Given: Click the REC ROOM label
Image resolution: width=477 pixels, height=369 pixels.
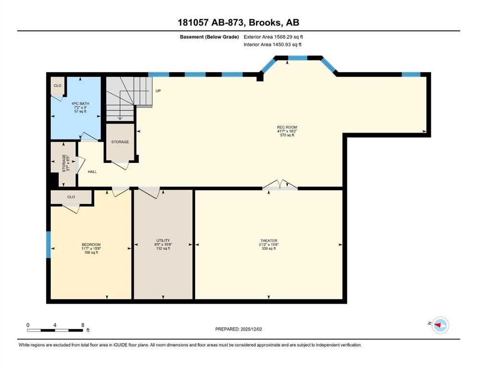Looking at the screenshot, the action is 287,127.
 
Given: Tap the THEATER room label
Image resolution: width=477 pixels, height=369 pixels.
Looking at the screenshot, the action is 269,241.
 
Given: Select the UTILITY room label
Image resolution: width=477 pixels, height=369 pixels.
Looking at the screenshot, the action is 163,240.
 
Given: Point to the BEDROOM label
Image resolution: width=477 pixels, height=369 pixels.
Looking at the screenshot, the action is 91,245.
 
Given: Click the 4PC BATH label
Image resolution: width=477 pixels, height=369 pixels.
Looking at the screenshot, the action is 80,103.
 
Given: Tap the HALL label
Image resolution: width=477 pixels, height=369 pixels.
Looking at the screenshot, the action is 92,172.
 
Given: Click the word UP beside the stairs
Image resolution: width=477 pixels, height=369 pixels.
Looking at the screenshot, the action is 158,91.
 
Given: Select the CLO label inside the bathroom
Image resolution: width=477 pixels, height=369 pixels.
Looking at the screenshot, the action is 58,86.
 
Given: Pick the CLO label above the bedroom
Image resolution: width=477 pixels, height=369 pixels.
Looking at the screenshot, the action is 71,197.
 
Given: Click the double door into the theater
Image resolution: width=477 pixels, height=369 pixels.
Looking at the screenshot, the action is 280,185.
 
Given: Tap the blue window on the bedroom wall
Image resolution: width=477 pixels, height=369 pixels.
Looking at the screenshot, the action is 48,245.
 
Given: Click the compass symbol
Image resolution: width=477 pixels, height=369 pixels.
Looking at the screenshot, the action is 440,325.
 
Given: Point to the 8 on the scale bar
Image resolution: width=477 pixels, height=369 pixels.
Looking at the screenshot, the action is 83,325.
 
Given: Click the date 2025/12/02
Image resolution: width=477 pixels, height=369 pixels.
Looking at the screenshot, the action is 251,329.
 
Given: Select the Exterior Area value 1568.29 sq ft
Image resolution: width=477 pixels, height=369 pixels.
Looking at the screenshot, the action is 289,37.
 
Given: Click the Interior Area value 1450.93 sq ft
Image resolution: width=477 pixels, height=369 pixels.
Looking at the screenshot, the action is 287,44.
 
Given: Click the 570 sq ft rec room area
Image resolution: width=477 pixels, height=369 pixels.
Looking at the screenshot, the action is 287,135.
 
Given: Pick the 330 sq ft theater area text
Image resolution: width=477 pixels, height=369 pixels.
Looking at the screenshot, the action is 269,248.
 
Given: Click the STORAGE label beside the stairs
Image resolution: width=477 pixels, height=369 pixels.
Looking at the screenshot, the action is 120,142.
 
